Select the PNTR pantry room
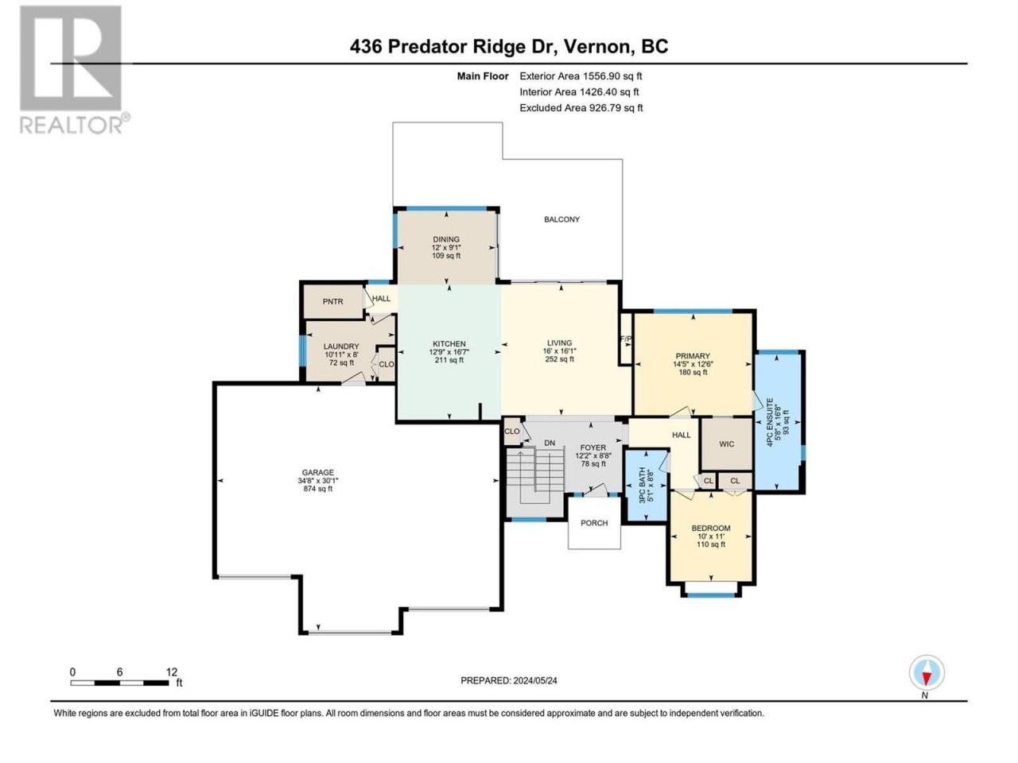point(332,301)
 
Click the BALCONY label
point(561,219)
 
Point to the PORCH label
point(594,522)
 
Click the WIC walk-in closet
point(726,443)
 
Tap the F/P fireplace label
point(626,339)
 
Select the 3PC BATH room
point(647,486)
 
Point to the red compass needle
point(927,679)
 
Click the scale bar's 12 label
point(172,672)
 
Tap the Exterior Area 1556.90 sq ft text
point(581,76)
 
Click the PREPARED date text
point(509,680)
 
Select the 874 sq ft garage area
point(317,488)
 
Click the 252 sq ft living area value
point(559,358)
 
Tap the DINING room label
point(446,239)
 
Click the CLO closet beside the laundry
point(386,364)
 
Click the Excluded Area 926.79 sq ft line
point(581,108)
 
